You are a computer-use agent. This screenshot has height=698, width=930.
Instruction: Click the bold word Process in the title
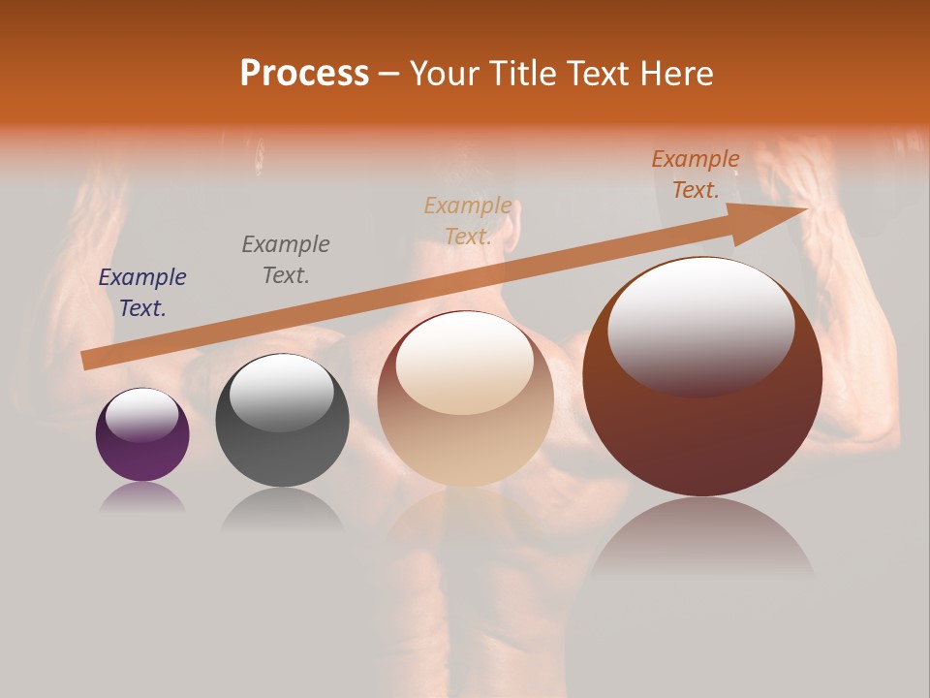pyautogui.click(x=304, y=74)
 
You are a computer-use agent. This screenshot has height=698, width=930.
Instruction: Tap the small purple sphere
pyautogui.click(x=142, y=435)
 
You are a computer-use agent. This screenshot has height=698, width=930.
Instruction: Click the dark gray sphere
pyautogui.click(x=282, y=421)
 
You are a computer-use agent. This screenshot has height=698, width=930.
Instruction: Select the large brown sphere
pyautogui.click(x=702, y=377)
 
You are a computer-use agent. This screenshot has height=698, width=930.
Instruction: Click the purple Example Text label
pyautogui.click(x=142, y=293)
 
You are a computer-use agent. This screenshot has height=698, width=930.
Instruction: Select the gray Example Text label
pyautogui.click(x=286, y=259)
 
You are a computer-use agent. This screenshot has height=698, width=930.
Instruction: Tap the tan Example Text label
pyautogui.click(x=468, y=220)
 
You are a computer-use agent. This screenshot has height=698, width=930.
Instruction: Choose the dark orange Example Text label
pyautogui.click(x=696, y=174)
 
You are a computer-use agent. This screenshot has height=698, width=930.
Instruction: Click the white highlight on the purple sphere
pyautogui.click(x=141, y=415)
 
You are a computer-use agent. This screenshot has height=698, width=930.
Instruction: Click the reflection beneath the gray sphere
pyautogui.click(x=282, y=509)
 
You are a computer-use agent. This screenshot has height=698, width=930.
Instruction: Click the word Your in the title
pyautogui.click(x=441, y=74)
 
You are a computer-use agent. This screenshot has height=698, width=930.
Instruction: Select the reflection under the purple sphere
pyautogui.click(x=142, y=497)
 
